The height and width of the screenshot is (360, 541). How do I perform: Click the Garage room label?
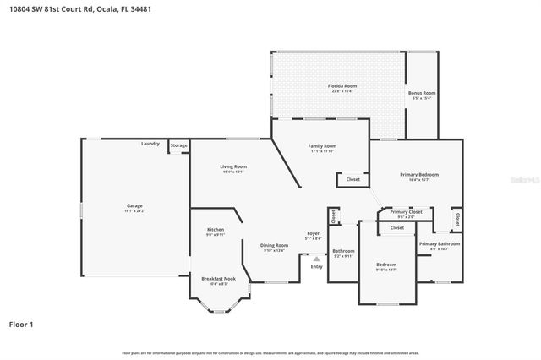coord(134,205)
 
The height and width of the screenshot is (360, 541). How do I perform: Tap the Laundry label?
coord(150,145)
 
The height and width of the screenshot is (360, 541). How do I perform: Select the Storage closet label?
coord(178,145)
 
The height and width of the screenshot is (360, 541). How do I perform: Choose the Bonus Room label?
coord(422,92)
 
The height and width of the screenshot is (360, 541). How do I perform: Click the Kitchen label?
coord(216,230)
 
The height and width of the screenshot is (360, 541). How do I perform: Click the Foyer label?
coord(313,233)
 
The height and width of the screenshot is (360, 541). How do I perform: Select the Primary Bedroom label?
coord(419,174)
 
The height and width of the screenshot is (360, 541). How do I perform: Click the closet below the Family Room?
coord(352,179)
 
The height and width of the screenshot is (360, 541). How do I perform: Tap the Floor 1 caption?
coord(21,324)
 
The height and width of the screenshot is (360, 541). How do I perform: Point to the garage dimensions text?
coord(134,210)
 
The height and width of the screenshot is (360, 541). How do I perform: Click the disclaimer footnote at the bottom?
coord(270,352)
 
